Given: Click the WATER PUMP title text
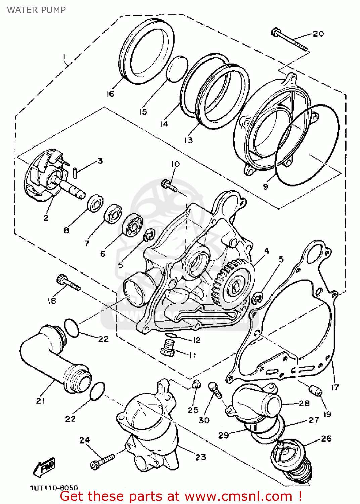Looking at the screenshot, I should (36, 10).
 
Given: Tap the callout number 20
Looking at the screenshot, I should (318, 34).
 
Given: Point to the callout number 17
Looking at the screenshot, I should (335, 387).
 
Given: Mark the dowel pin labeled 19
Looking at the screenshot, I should (315, 391).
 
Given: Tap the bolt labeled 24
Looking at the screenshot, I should (102, 460).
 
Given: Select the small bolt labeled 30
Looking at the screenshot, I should (215, 389).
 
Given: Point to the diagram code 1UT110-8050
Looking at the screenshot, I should (54, 488).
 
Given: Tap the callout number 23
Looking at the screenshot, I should (200, 457).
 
